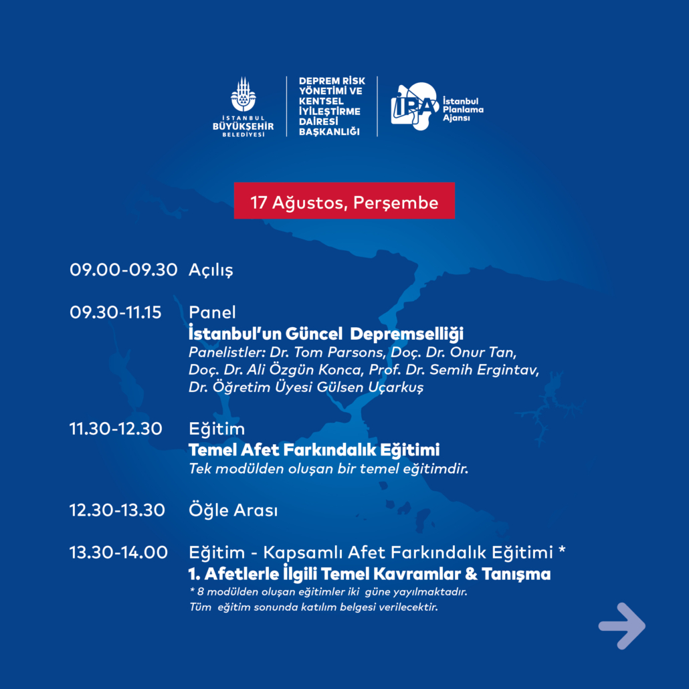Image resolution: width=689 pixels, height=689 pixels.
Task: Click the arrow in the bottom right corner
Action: [621, 625]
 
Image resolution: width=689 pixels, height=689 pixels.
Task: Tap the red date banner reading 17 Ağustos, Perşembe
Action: [344, 201]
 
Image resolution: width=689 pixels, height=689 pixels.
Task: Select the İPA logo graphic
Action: [414, 106]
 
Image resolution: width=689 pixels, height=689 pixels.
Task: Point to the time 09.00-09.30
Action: [124, 270]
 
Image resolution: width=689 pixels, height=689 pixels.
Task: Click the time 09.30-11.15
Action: [116, 312]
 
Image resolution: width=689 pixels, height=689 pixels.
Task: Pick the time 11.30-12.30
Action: [116, 428]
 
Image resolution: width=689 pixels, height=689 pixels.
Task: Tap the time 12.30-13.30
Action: [117, 510]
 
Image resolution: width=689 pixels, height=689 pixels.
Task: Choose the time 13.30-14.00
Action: [118, 553]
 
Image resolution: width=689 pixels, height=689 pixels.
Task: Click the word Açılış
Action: [211, 270]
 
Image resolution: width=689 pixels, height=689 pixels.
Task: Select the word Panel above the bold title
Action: [212, 312]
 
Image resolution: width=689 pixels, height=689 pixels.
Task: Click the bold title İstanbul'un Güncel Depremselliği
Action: [326, 334]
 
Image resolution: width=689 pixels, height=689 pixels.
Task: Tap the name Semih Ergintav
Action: [484, 370]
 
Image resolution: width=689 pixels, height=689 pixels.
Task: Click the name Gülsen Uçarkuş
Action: [370, 387]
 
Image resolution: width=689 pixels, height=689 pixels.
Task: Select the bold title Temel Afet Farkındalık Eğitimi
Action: [314, 450]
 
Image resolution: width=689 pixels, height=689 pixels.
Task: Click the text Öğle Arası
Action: [233, 510]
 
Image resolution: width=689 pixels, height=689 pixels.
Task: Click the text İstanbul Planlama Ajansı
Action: [463, 110]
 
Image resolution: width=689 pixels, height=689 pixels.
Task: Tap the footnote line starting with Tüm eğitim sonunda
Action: [314, 607]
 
